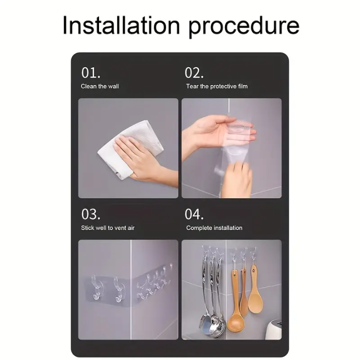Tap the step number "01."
[x=91, y=73]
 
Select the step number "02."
[x=194, y=73]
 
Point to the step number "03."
[x=91, y=214]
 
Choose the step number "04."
[x=194, y=214]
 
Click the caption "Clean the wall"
[x=100, y=86]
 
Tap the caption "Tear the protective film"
[x=217, y=86]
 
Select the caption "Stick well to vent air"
[x=108, y=228]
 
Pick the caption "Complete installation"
[x=214, y=228]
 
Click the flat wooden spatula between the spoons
[x=243, y=295]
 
